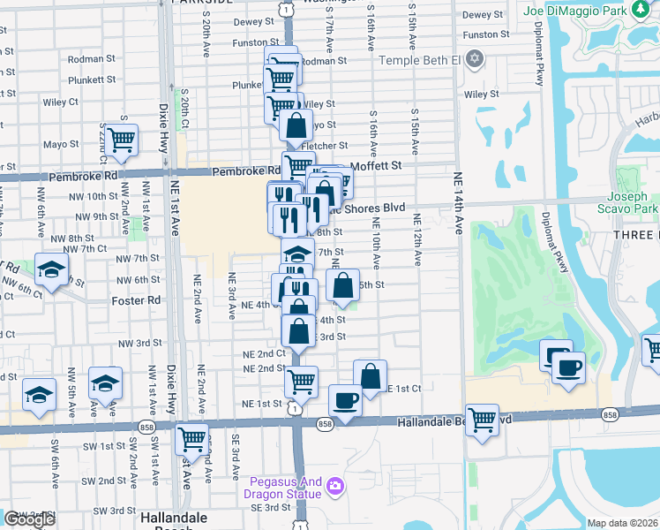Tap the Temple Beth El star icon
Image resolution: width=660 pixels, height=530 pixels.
coord(476,59)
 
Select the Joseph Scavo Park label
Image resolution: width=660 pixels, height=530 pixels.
coord(633,203)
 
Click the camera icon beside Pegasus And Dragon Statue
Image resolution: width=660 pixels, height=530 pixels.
coord(334,485)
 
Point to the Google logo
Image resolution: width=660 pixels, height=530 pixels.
coord(29,519)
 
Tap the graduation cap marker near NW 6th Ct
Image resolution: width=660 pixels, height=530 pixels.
coord(51,269)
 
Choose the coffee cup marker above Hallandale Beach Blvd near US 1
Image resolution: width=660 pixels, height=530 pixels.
coord(345,400)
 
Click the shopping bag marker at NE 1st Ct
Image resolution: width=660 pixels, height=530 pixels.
coord(371,375)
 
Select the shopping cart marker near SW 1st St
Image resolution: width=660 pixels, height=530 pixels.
coord(191,438)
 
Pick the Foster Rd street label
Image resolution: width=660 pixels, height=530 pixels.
coord(136,300)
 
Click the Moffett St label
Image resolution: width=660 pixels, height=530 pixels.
coord(376,165)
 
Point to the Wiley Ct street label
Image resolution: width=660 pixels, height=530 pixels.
coord(59,102)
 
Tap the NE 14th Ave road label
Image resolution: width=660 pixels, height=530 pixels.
coord(459,203)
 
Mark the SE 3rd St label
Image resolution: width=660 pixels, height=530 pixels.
coord(270,507)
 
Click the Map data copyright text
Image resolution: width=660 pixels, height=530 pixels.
coord(622,523)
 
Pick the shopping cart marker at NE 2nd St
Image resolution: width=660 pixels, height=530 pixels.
coord(301,381)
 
